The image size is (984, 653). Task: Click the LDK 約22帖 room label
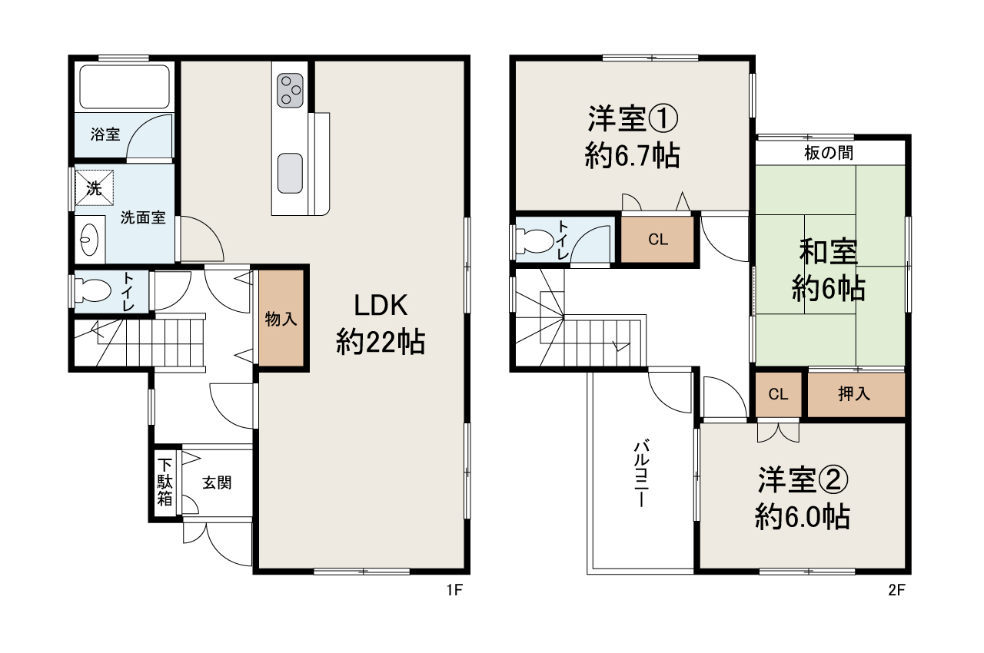tap(380, 323)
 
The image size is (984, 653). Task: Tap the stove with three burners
tap(291, 88)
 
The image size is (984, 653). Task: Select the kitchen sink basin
tap(290, 173)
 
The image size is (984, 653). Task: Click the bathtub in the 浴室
tap(124, 86)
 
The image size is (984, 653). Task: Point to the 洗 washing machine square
tap(94, 188)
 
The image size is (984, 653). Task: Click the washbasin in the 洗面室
tap(89, 239)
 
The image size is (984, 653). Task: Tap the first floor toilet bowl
tap(92, 291)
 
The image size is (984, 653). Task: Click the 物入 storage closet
tap(281, 318)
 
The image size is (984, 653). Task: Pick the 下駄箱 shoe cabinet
tap(165, 482)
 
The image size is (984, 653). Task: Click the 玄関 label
tap(218, 482)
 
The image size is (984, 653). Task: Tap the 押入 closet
tap(855, 394)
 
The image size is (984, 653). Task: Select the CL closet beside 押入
tap(779, 394)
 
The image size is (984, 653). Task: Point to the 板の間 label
tap(829, 152)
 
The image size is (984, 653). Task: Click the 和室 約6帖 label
tap(829, 269)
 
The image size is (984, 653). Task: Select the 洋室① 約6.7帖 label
tap(632, 137)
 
